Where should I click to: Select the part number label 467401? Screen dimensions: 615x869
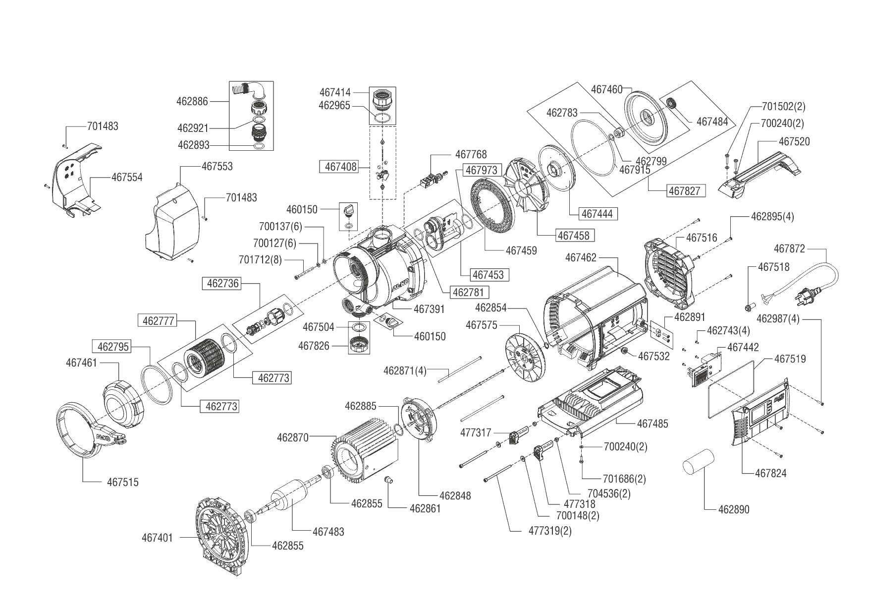(157, 537)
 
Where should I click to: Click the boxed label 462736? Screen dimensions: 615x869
(222, 284)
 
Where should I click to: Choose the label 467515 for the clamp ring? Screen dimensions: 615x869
(123, 482)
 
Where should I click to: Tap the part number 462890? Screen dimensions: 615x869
(734, 509)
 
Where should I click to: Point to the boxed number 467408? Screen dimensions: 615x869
(340, 167)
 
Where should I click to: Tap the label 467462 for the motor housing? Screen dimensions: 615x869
(581, 258)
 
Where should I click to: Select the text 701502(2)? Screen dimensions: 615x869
(783, 107)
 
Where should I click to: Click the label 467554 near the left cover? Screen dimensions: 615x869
(126, 177)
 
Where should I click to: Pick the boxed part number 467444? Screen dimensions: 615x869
(597, 214)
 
